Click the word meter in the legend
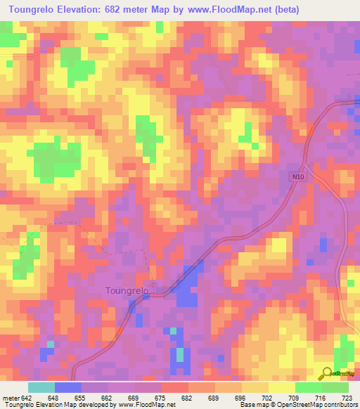(x=11, y=398)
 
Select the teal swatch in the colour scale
(x=41, y=387)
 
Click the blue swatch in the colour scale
(x=68, y=387)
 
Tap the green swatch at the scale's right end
(x=335, y=387)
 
